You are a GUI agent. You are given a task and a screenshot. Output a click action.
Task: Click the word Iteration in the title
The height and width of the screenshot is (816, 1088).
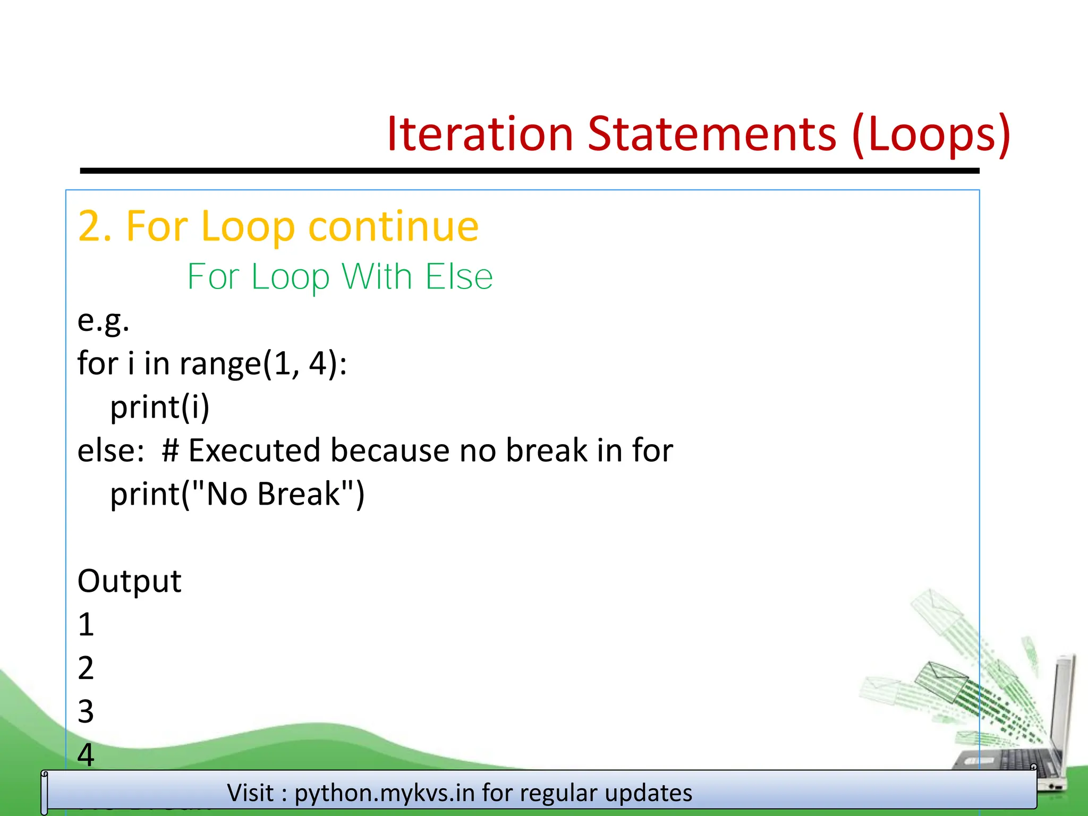(480, 134)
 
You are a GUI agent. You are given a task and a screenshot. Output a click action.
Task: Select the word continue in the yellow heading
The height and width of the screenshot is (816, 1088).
(393, 226)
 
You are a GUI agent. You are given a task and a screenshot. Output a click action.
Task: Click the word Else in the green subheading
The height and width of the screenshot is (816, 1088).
(459, 277)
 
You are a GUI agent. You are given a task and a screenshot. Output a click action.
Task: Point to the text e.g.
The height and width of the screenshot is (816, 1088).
(103, 321)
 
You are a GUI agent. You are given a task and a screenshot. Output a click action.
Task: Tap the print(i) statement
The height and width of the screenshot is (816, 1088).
(160, 408)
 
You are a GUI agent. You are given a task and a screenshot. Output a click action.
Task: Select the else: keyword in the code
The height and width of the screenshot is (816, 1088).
(110, 451)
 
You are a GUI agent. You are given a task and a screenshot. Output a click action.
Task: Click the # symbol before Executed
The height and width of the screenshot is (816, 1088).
(170, 451)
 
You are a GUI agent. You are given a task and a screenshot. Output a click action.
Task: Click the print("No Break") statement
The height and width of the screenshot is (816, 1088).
(237, 495)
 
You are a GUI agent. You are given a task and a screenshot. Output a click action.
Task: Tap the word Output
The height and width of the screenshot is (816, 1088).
(129, 581)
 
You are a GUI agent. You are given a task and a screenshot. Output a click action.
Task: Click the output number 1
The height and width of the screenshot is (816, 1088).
(86, 625)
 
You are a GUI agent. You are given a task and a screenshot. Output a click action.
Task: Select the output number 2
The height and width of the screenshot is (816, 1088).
(86, 668)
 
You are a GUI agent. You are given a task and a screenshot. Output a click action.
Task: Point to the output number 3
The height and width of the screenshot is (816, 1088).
(86, 712)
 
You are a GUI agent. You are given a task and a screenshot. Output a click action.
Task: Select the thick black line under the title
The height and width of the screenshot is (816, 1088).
(529, 171)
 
